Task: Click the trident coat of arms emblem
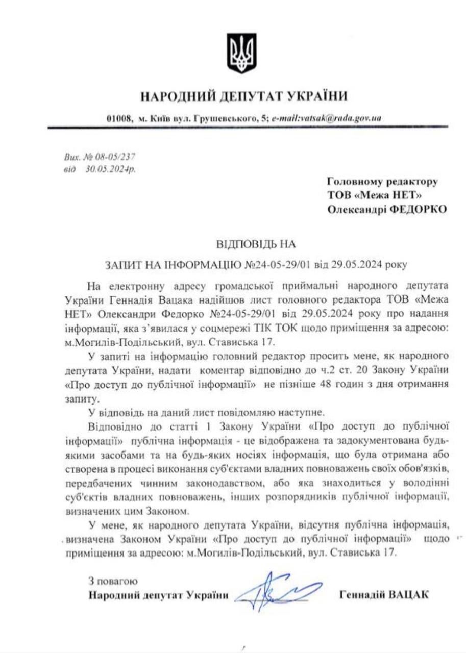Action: click(x=241, y=53)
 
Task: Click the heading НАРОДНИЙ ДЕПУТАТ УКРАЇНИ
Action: click(x=244, y=97)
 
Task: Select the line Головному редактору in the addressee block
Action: click(x=382, y=182)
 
